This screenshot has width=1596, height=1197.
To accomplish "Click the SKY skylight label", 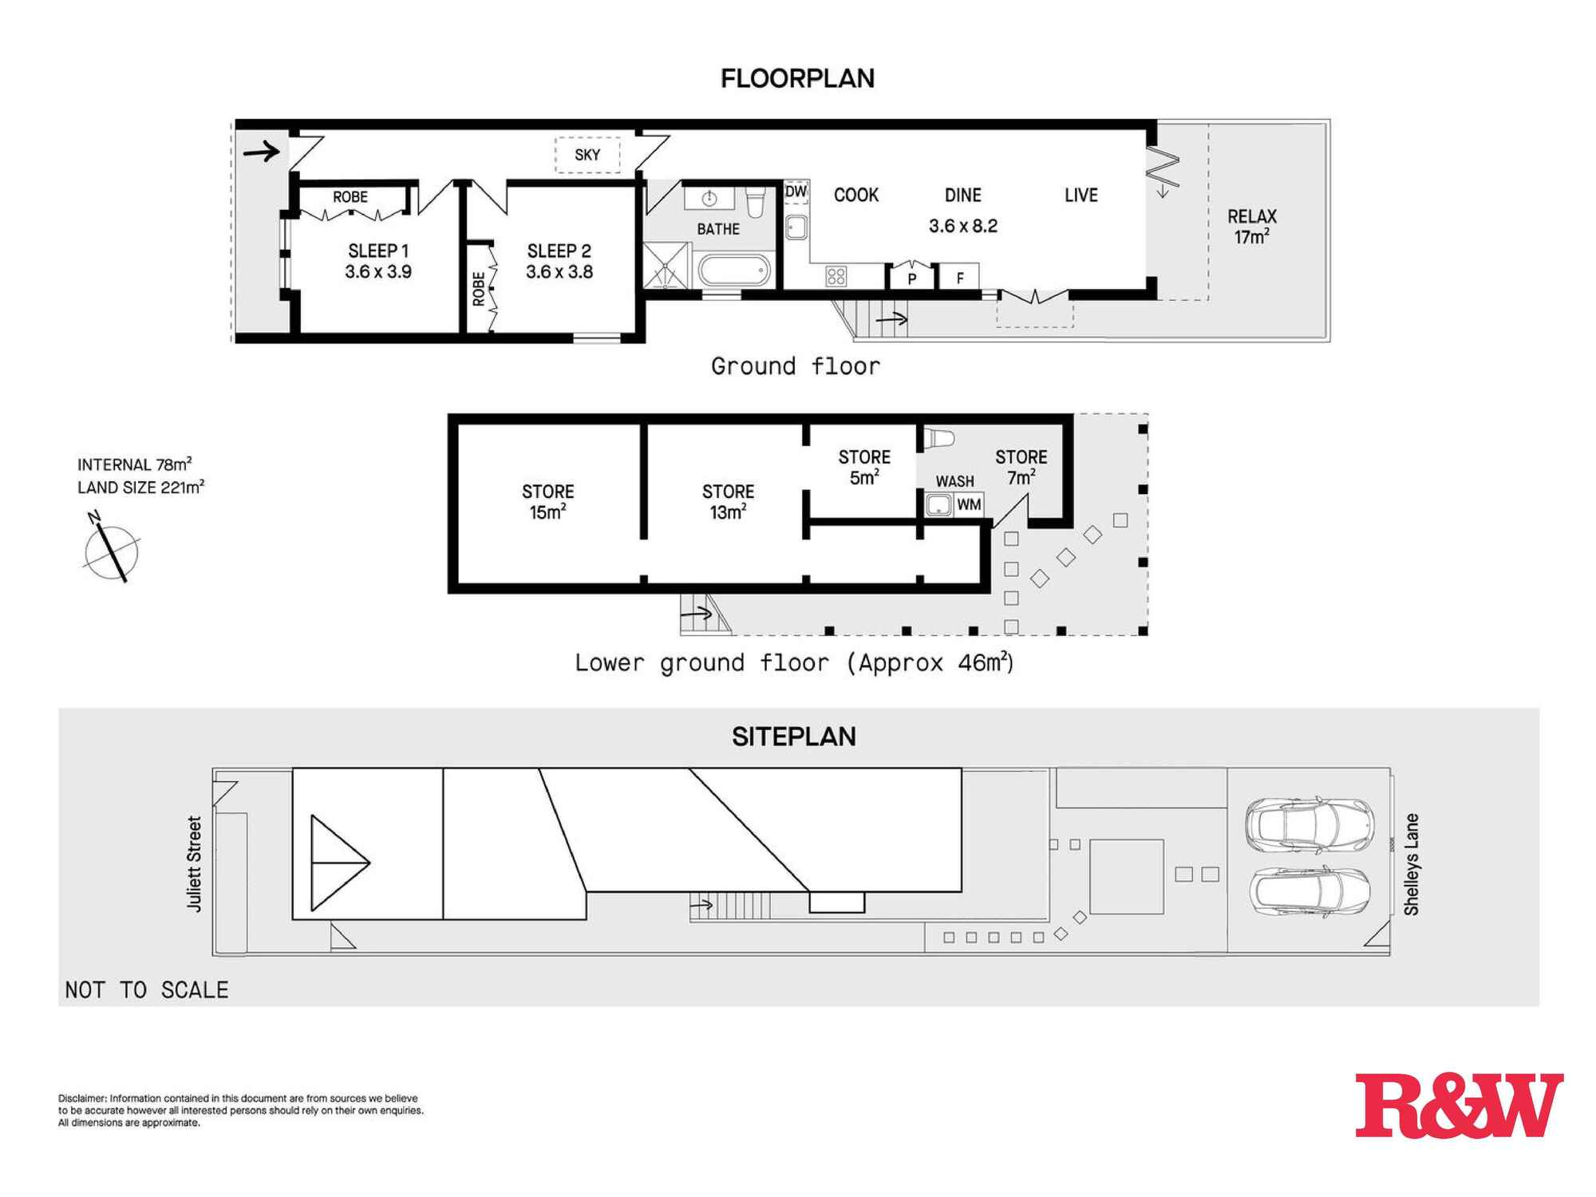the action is [x=587, y=155].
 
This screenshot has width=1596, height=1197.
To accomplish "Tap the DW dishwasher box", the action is [x=796, y=192].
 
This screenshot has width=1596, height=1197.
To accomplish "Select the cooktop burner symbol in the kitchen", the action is [x=836, y=276].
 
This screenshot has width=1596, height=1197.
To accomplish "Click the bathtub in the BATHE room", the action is [x=736, y=270].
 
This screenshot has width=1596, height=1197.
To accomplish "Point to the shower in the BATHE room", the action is [x=666, y=264].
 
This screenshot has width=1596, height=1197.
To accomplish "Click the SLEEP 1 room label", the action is [x=378, y=251].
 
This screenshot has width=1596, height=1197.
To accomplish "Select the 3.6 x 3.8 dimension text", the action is [x=559, y=272].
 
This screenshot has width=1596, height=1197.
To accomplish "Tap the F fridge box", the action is [x=960, y=277].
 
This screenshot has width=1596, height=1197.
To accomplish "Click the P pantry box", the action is [x=912, y=277].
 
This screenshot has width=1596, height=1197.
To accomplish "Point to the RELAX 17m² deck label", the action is [x=1252, y=227].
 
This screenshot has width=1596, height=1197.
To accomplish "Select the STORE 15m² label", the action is [x=548, y=502].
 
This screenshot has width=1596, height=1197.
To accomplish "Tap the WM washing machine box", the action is [x=969, y=504].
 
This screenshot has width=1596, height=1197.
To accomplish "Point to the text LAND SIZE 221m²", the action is [x=141, y=487].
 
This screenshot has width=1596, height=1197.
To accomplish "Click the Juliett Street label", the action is [x=194, y=863].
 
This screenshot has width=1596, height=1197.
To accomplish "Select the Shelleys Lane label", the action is [x=1412, y=864].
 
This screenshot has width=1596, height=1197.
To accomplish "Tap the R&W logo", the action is [x=1460, y=1105].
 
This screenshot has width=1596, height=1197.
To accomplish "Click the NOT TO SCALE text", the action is [x=147, y=990].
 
